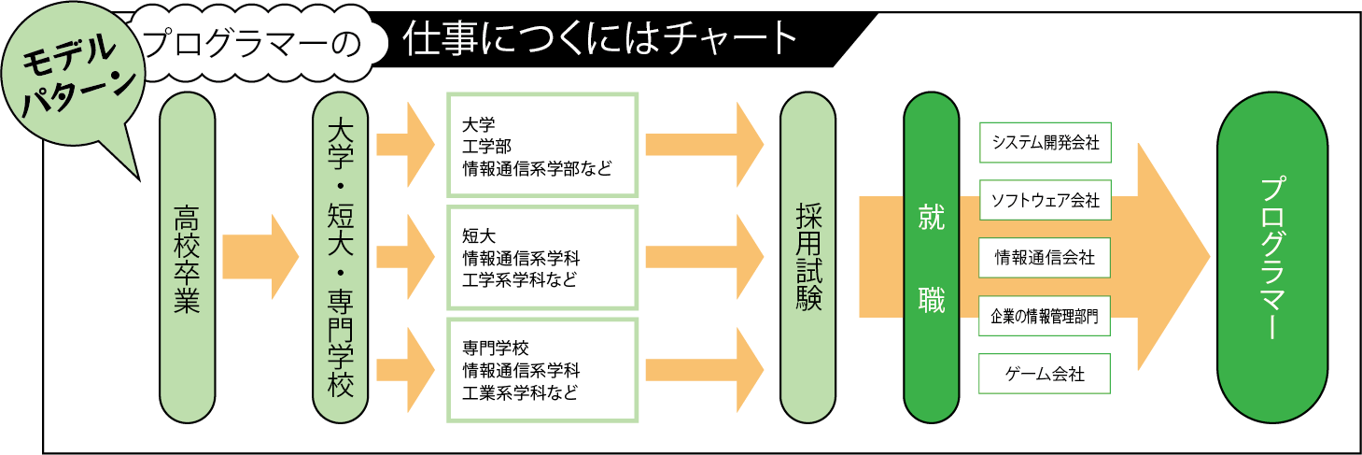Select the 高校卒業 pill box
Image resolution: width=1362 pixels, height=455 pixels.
[x=188, y=257]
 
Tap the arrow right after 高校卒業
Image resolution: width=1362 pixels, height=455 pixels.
[x=260, y=257]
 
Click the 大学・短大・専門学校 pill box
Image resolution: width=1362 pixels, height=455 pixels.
[x=341, y=257]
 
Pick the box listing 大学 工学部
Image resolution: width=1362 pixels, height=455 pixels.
[x=541, y=145]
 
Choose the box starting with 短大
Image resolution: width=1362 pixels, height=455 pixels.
[x=541, y=257]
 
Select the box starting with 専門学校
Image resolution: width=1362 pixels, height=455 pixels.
[x=541, y=370]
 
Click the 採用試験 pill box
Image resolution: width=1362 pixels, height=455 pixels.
[x=808, y=257]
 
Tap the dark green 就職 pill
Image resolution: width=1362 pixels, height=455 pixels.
[x=931, y=257]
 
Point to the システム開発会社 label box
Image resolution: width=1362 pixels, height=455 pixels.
[x=1045, y=144]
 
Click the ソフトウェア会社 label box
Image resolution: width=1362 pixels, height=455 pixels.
[x=1045, y=200]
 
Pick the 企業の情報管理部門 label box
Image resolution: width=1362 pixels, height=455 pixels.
[x=1045, y=317]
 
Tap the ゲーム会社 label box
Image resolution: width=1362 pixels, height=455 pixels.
[x=1045, y=374]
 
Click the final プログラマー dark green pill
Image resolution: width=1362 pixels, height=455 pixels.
[x=1271, y=257]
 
